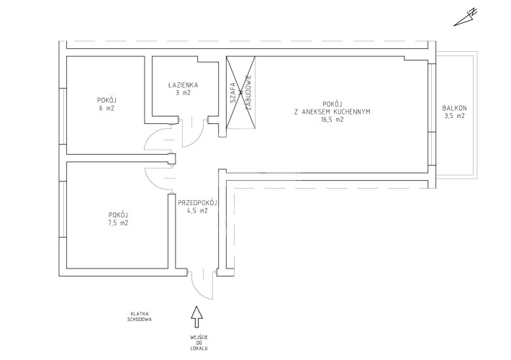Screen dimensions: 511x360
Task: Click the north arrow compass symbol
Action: [x=466, y=17]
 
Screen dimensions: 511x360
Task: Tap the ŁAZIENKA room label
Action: [x=183, y=85]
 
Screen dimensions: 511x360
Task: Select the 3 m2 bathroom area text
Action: [x=183, y=93]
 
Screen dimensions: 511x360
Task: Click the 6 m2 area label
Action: [x=107, y=108]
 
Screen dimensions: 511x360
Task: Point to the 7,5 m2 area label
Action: [x=118, y=223]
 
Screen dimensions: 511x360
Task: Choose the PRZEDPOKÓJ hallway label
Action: [x=197, y=203]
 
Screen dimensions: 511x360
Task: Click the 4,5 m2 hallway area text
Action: [x=197, y=211]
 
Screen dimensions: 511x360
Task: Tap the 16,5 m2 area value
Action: [x=332, y=120]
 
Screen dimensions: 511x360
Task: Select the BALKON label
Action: [x=454, y=108]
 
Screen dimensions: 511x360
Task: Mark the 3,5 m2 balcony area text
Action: [x=454, y=116]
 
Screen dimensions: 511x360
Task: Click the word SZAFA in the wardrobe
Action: [x=233, y=92]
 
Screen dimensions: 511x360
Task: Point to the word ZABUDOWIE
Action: [x=248, y=92]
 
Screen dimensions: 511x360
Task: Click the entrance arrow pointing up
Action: [x=196, y=316]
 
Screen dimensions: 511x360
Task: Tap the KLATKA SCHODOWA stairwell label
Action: [x=140, y=316]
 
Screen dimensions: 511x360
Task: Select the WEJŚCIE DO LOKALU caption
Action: [x=199, y=343]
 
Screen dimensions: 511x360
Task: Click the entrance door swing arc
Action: [x=196, y=291]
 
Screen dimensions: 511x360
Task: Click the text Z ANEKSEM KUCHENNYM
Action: [x=332, y=112]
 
